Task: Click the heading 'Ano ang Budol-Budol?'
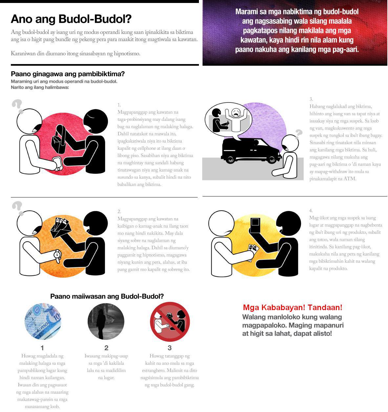pos(71,19)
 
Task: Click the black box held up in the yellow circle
pos(255,226)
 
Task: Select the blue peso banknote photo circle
pos(43,321)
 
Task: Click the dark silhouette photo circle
pos(106,321)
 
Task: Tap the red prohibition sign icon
pos(170,322)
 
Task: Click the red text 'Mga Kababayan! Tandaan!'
pos(292,308)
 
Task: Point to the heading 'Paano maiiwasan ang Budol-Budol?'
pos(107,296)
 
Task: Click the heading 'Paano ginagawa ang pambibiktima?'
pos(68,74)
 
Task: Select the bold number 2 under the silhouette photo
pos(106,348)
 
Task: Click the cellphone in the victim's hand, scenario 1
pos(58,164)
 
